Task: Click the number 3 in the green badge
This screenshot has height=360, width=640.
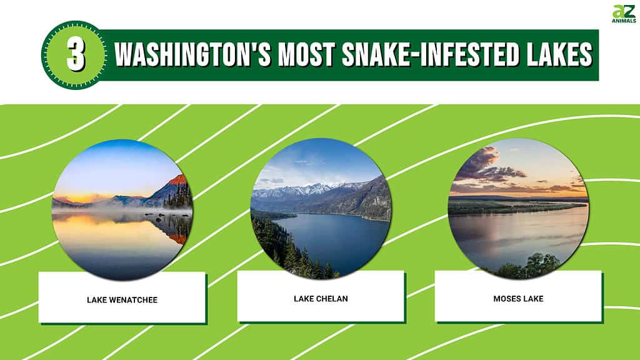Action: click(x=76, y=55)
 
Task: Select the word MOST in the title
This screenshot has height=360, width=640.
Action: click(x=306, y=54)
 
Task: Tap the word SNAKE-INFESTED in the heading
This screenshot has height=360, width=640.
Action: click(x=430, y=54)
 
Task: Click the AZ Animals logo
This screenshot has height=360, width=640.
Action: click(x=624, y=14)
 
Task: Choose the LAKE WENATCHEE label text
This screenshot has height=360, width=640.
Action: click(x=122, y=300)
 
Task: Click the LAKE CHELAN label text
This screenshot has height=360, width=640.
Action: click(x=321, y=299)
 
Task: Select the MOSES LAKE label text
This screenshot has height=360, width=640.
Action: click(x=518, y=299)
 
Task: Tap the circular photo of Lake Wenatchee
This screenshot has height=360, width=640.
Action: click(x=122, y=210)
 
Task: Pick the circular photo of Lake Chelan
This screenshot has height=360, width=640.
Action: click(x=321, y=209)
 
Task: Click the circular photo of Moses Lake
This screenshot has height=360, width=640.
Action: click(x=518, y=209)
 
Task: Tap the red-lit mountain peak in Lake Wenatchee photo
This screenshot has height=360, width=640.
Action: click(x=178, y=180)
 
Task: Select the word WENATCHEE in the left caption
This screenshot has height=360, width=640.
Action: click(x=132, y=300)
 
